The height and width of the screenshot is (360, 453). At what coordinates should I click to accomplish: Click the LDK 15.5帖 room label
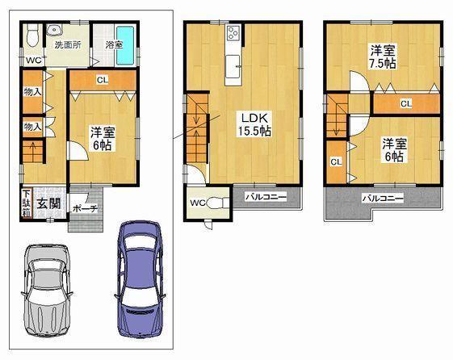pos(252,123)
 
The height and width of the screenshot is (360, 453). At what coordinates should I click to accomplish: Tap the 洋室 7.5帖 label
pos(382,56)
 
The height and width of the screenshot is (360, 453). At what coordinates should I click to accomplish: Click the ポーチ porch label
pos(84,208)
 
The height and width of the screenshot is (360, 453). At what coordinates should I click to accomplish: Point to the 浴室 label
pos(114,44)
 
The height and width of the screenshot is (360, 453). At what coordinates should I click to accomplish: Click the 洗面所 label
pos(67,45)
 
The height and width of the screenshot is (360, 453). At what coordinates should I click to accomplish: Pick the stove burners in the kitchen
pos(233,34)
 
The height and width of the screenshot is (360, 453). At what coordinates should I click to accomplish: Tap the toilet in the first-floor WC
pos(31,37)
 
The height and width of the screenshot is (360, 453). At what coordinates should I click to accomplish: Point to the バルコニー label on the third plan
pos(382,198)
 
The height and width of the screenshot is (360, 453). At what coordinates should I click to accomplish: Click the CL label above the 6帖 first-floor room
pos(102,79)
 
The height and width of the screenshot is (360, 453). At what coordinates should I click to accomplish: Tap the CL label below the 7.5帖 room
pos(405,103)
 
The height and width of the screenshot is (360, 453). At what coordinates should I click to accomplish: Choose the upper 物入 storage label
pos(32,93)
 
